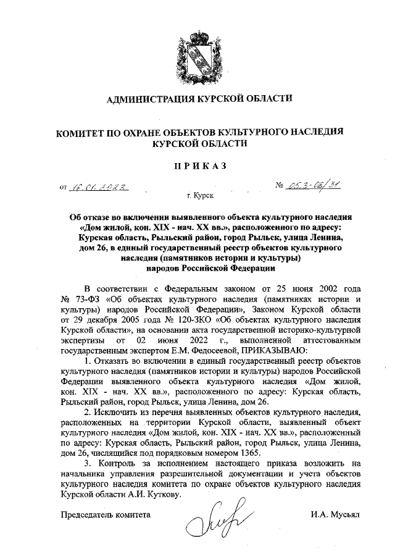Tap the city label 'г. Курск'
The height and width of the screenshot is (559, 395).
(x=199, y=196)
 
